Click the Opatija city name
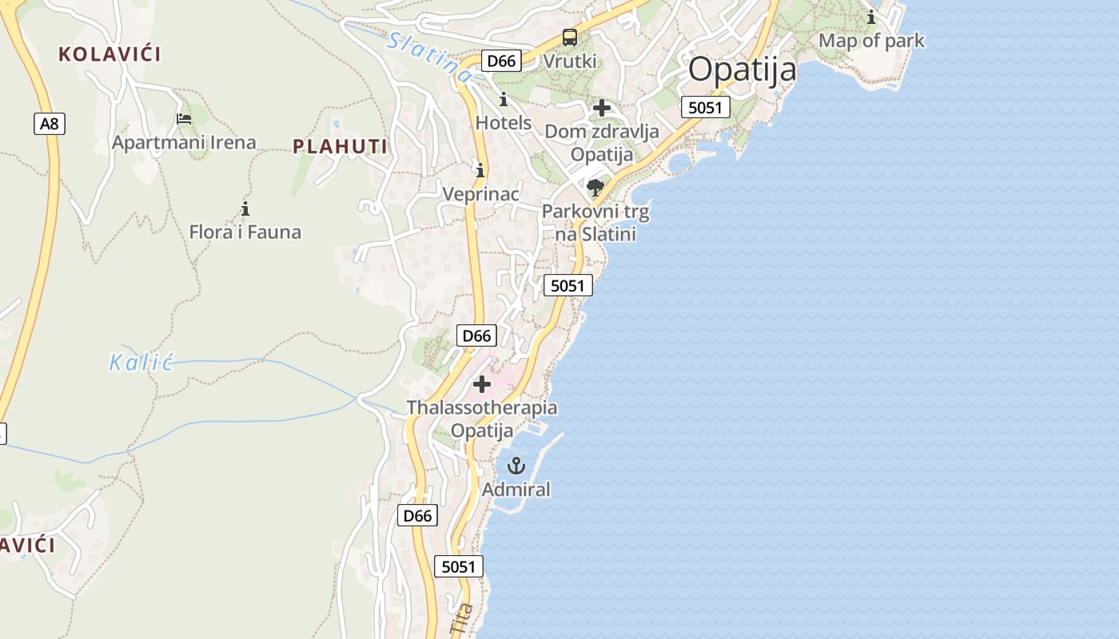pos(742,69)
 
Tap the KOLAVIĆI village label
pos(110,54)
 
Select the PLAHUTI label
pos(340,146)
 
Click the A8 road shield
pos(50,124)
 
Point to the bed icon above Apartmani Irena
pos(184,119)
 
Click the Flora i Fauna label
pos(245,232)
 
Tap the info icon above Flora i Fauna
pos(245,209)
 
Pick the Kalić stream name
pos(141,363)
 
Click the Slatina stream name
pos(429,57)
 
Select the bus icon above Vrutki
pos(569,37)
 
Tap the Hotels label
pos(504,123)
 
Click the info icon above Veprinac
pos(480,170)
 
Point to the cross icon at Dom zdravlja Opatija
pos(602,108)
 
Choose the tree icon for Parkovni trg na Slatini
pos(595,188)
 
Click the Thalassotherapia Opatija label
pos(482,419)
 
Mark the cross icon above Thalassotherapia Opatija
pos(482,384)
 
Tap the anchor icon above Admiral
pos(516,466)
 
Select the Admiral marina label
pos(516,490)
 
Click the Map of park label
pos(871,41)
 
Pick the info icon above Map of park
pos(871,17)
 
